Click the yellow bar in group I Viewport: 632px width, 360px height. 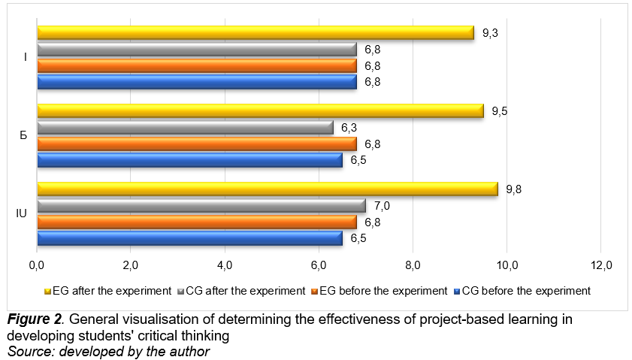pos(256,33)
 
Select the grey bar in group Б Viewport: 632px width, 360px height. pos(185,128)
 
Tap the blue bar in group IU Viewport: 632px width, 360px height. pos(189,238)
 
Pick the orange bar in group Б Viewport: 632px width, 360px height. pos(197,144)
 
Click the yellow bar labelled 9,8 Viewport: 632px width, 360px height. pos(267,189)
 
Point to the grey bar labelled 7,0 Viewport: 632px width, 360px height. pos(201,206)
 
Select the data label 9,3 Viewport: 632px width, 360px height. pos(491,33)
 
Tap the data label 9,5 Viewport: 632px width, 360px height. pos(500,111)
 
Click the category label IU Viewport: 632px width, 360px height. pos(22,214)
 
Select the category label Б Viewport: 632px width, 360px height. pos(23,136)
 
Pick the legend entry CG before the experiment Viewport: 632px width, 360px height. pos(526,290)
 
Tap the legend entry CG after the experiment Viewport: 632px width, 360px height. pos(244,290)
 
